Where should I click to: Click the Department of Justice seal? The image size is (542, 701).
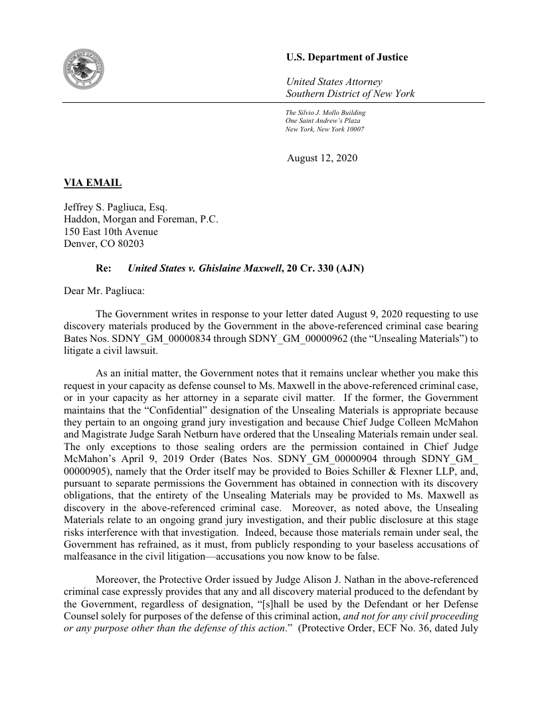(x=84, y=70)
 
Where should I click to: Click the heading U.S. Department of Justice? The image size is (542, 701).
(x=347, y=57)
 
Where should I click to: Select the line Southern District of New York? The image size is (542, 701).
(x=350, y=94)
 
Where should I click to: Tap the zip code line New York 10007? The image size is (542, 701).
(x=324, y=129)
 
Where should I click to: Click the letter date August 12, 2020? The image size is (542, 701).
(x=322, y=158)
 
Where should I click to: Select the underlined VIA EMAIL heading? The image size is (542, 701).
(x=92, y=182)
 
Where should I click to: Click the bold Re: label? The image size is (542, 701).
(x=104, y=269)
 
